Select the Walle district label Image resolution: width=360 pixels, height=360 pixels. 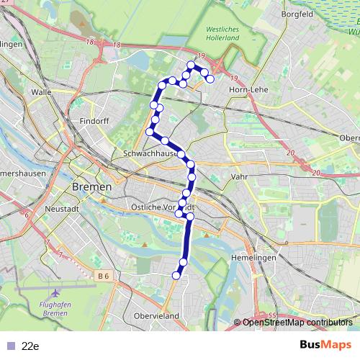[x=41, y=92]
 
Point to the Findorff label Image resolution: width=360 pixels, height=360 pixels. [x=94, y=121]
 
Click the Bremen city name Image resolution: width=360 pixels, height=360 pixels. [x=92, y=186]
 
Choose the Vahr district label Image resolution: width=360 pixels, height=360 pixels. [x=239, y=176]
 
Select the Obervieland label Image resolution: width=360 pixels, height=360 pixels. [x=157, y=316]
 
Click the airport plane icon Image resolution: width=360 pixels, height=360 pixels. [x=55, y=294]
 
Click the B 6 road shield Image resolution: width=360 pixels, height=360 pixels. [x=104, y=275]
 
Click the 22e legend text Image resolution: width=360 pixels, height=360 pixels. [x=30, y=346]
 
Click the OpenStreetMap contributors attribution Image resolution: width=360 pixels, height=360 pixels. [x=297, y=322]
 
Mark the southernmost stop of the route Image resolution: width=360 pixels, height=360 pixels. [x=176, y=274]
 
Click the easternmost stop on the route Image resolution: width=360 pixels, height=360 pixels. [x=210, y=79]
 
